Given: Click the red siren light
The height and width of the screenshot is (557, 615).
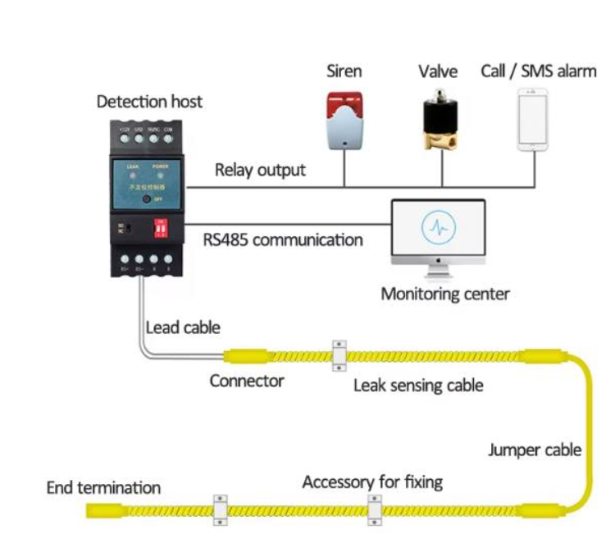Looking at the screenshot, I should pos(344,107).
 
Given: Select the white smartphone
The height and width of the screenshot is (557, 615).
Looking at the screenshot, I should pos(533,120).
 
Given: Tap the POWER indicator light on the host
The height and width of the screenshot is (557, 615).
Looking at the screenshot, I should pos(161,176).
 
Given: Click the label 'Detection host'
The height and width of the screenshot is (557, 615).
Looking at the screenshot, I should pos(149,103).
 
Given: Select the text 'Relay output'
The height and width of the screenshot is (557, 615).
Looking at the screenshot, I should pos(260,171).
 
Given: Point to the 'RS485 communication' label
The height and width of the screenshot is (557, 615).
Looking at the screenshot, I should pos(283,240).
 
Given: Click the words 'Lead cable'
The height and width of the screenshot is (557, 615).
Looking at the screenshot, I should pos(183,327).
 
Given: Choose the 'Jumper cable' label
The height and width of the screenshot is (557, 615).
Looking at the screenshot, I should pos(535,450).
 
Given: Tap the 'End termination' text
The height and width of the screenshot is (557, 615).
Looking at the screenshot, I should pos(103,488).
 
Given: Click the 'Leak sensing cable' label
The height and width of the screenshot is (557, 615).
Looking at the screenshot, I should pos(418,385).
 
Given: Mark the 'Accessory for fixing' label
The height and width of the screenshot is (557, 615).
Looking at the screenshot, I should pos(372,482).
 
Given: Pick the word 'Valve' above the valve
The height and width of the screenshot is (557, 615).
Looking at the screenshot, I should pos(438,71).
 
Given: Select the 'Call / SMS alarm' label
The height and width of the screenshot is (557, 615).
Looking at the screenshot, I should pos(538,71).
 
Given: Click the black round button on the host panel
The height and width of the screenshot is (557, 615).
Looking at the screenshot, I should pos(146,199).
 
